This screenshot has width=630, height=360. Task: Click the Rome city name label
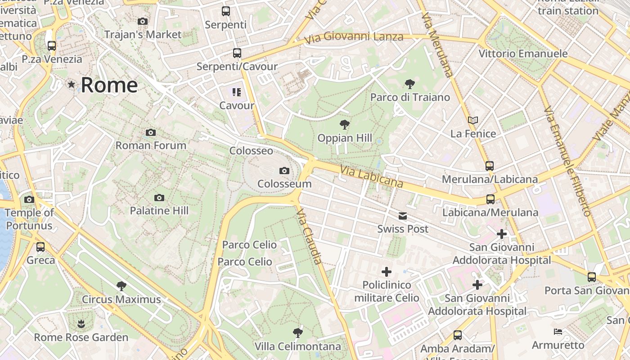point(109,85)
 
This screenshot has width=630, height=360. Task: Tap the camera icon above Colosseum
point(284,171)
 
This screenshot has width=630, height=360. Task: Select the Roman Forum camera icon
point(151,132)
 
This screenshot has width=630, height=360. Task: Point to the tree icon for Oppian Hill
point(345,125)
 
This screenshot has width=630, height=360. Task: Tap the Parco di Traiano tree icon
point(409,84)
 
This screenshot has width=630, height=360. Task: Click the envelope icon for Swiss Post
point(403,216)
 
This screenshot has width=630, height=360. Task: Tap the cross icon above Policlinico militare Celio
point(386,272)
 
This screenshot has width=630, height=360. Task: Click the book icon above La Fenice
point(472,120)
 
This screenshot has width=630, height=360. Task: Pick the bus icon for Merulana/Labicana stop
point(490,166)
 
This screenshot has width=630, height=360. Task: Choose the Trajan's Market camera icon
point(143,21)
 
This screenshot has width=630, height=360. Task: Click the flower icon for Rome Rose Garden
point(81,324)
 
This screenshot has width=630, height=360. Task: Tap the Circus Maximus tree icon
point(121,286)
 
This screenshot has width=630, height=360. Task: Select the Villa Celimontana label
point(297,346)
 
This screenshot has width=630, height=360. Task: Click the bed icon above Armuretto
point(558,332)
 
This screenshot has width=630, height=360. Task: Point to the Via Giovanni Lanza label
point(353,37)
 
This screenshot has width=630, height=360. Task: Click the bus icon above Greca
point(40,247)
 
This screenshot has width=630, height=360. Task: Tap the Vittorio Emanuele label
point(523,54)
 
